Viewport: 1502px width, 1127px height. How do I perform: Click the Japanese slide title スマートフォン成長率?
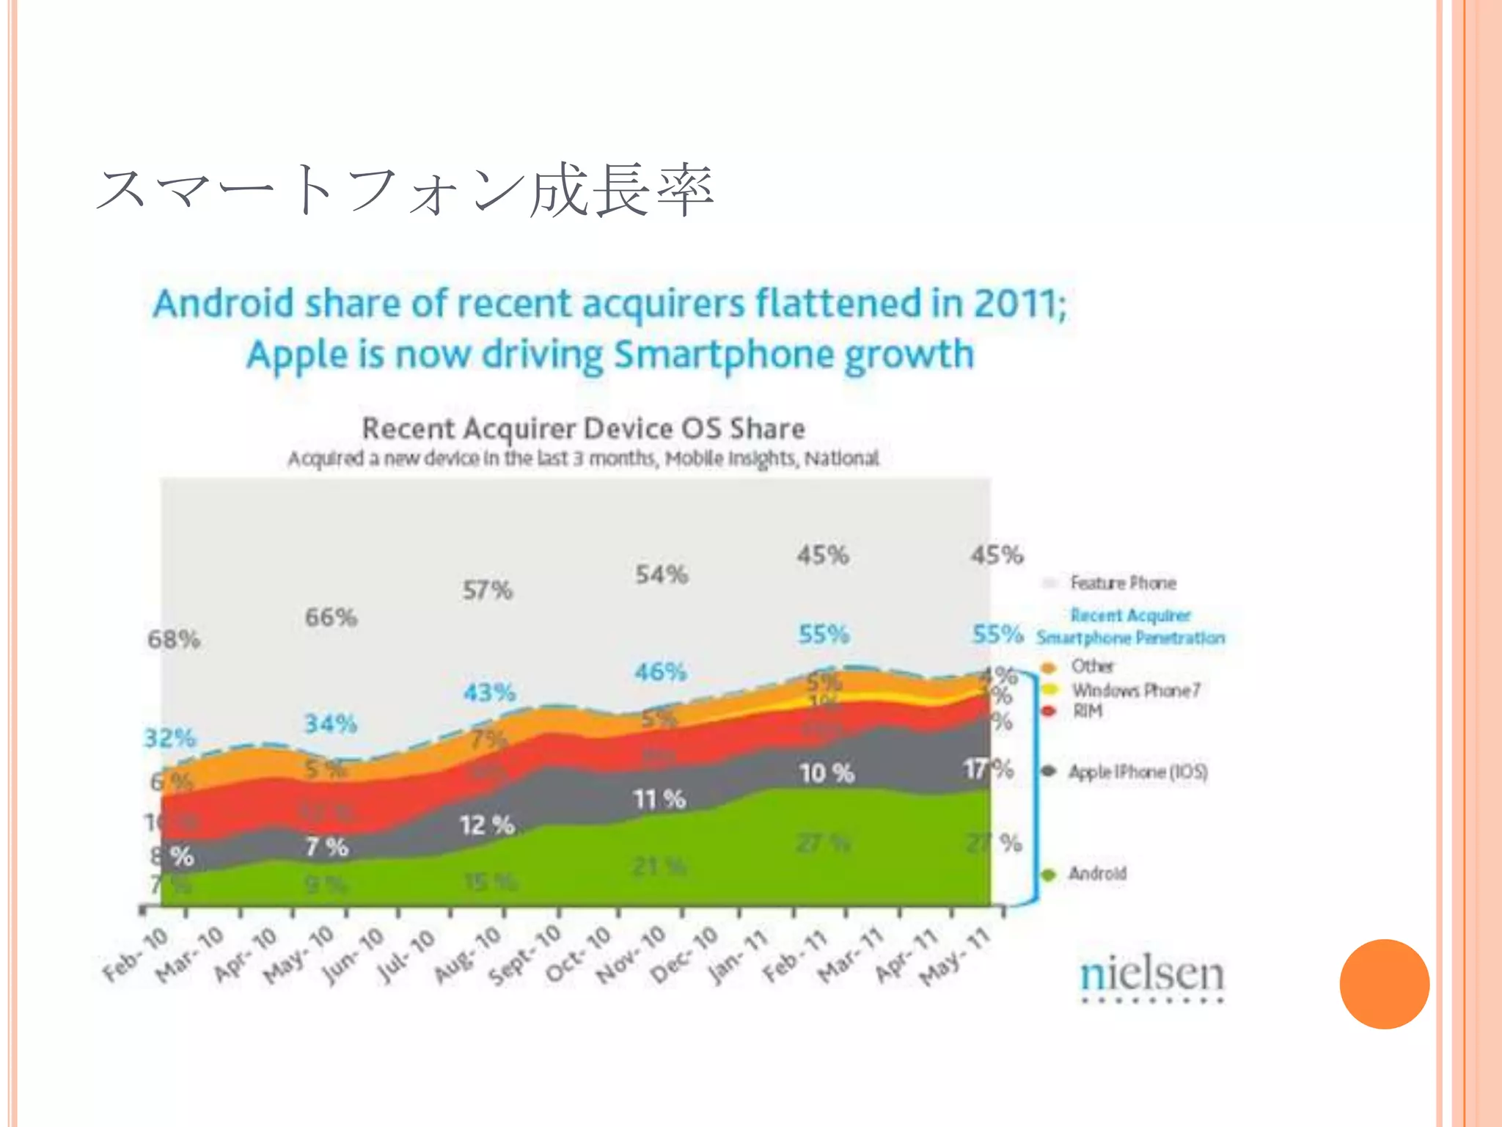click(404, 191)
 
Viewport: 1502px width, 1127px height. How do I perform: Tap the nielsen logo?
click(1151, 977)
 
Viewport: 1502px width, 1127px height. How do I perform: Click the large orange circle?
click(1384, 984)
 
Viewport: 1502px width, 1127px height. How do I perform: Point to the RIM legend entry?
click(1087, 711)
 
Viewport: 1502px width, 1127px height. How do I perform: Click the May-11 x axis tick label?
click(956, 955)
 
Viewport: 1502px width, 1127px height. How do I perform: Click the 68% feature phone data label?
click(174, 639)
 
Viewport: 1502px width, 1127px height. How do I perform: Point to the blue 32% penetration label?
click(170, 737)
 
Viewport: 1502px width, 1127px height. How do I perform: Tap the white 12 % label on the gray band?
click(487, 825)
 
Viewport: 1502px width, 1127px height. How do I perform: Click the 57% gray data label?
click(488, 590)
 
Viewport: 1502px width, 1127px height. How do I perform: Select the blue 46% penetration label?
click(661, 671)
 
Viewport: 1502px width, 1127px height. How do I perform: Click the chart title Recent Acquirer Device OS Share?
click(584, 428)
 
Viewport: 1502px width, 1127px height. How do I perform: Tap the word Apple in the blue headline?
click(297, 355)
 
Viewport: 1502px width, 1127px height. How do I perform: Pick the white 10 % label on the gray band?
click(827, 773)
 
